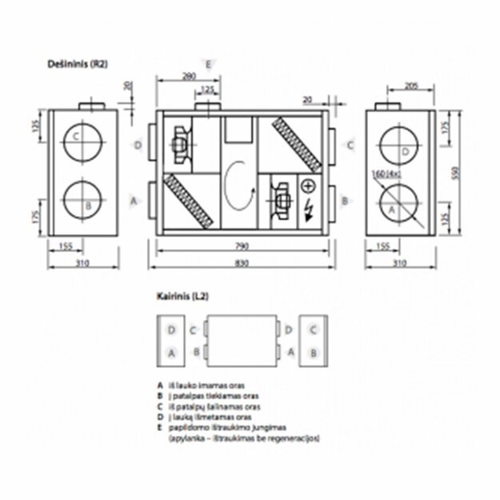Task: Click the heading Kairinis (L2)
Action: point(182,296)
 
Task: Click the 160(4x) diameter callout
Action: point(385,171)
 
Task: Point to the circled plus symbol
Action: point(309,187)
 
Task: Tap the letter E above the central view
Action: point(209,63)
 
